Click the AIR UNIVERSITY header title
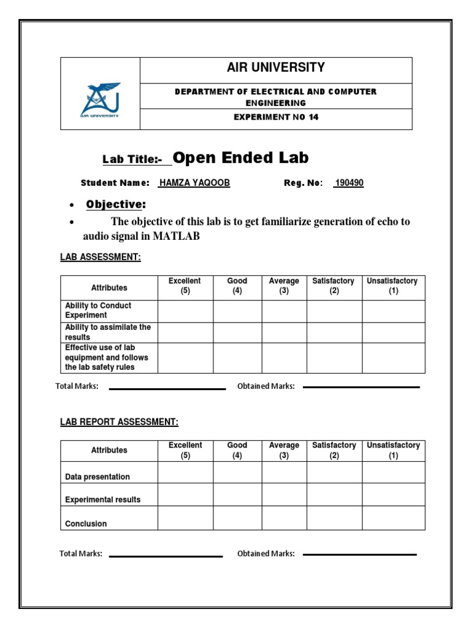pyautogui.click(x=276, y=68)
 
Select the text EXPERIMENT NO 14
pyautogui.click(x=276, y=118)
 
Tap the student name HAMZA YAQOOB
pyautogui.click(x=194, y=183)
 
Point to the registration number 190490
pyautogui.click(x=348, y=183)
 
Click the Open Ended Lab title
pyautogui.click(x=240, y=158)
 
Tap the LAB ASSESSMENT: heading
pyautogui.click(x=101, y=258)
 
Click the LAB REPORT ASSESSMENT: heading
pyautogui.click(x=119, y=422)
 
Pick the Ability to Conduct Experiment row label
pyautogui.click(x=98, y=310)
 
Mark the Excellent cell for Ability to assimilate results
pyautogui.click(x=185, y=332)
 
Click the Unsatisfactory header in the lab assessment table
pyautogui.click(x=392, y=286)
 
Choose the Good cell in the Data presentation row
pyautogui.click(x=237, y=472)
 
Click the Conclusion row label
pyautogui.click(x=86, y=524)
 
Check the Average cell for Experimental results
pyautogui.click(x=284, y=494)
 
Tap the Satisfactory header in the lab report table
pyautogui.click(x=334, y=450)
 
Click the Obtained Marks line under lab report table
pyautogui.click(x=359, y=554)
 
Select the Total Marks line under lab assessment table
pyautogui.click(x=167, y=388)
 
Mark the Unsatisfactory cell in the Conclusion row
pyautogui.click(x=392, y=518)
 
